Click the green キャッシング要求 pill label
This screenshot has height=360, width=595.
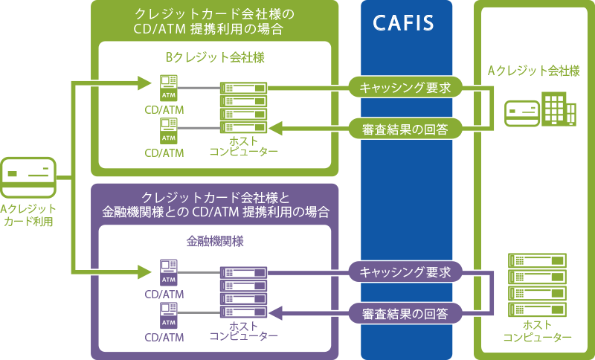point(405,88)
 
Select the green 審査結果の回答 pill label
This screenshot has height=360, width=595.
point(405,128)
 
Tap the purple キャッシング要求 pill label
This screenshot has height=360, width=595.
point(405,271)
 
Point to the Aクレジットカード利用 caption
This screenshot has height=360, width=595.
point(28,216)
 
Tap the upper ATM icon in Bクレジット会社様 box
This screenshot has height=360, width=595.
point(169,88)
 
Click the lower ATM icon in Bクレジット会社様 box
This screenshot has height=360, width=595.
point(169,132)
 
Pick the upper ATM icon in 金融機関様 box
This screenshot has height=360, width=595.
point(169,272)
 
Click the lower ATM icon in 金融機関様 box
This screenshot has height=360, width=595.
point(169,315)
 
